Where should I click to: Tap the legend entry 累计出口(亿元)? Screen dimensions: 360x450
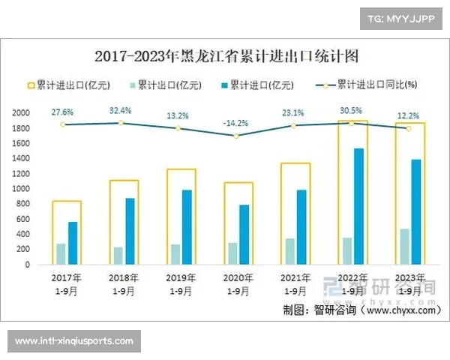[164, 85]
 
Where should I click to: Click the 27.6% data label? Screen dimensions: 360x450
[62, 112]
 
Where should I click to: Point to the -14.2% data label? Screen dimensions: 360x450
[236, 123]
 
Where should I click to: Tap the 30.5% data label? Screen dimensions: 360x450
[351, 110]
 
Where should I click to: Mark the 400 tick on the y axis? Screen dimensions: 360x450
[23, 235]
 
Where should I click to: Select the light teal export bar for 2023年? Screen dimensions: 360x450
[404, 247]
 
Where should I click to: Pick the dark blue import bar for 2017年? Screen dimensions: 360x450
[73, 243]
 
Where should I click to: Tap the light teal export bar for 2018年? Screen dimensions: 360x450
[118, 256]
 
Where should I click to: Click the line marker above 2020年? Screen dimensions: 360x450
[236, 136]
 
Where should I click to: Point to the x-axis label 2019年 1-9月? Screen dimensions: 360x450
[180, 284]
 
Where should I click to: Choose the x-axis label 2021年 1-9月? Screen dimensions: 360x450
[295, 284]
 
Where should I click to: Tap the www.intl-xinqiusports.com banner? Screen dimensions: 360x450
[74, 341]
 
